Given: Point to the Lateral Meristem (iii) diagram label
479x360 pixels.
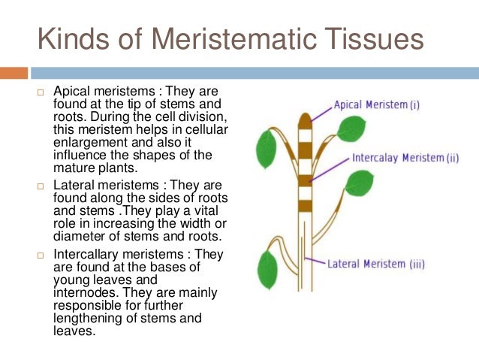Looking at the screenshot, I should pyautogui.click(x=376, y=264).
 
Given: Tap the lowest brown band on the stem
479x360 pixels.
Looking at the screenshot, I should pyautogui.click(x=304, y=205).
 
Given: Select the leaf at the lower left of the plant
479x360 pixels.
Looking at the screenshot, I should pyautogui.click(x=267, y=268).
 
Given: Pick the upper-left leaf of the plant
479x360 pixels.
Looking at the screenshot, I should pyautogui.click(x=266, y=149).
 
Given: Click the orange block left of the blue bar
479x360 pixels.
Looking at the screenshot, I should pyautogui.click(x=14, y=73).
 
